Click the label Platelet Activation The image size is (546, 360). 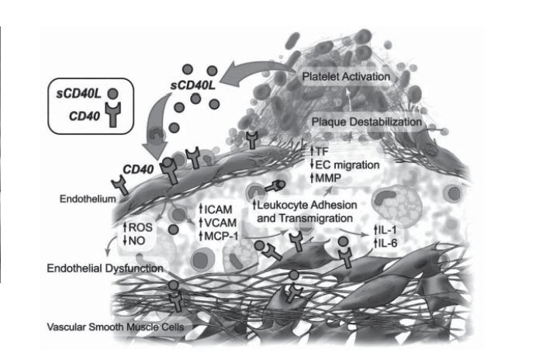point(347,77)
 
